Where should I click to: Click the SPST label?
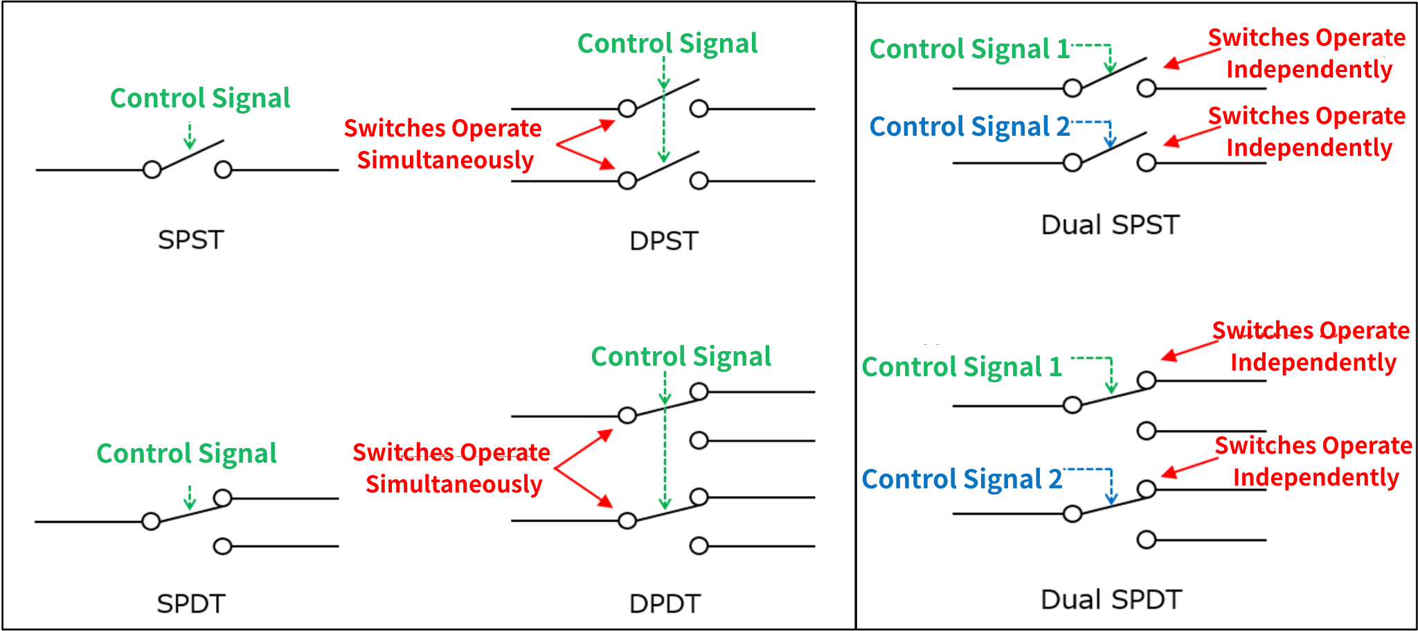click(x=190, y=240)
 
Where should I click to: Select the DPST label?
click(x=664, y=241)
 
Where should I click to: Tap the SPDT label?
click(x=191, y=604)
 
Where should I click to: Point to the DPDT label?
click(x=665, y=604)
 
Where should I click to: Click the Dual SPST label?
click(x=1111, y=225)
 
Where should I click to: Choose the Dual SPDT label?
click(x=1111, y=599)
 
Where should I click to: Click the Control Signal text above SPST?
click(x=200, y=99)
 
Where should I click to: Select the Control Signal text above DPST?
click(x=667, y=44)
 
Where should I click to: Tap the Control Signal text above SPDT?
click(x=186, y=454)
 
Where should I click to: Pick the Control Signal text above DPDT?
click(x=681, y=357)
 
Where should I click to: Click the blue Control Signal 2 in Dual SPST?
click(x=969, y=127)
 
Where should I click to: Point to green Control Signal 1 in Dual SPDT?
click(x=962, y=367)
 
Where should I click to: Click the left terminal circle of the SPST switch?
click(x=152, y=170)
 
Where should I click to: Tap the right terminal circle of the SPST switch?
click(x=223, y=170)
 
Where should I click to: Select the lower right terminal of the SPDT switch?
click(x=222, y=546)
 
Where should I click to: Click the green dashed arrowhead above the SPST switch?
click(x=190, y=143)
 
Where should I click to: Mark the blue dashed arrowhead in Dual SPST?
click(x=1111, y=143)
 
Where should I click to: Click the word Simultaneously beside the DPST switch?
click(x=445, y=161)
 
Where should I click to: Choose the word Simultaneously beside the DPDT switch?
click(x=454, y=485)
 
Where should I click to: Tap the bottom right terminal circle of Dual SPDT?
click(x=1147, y=540)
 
